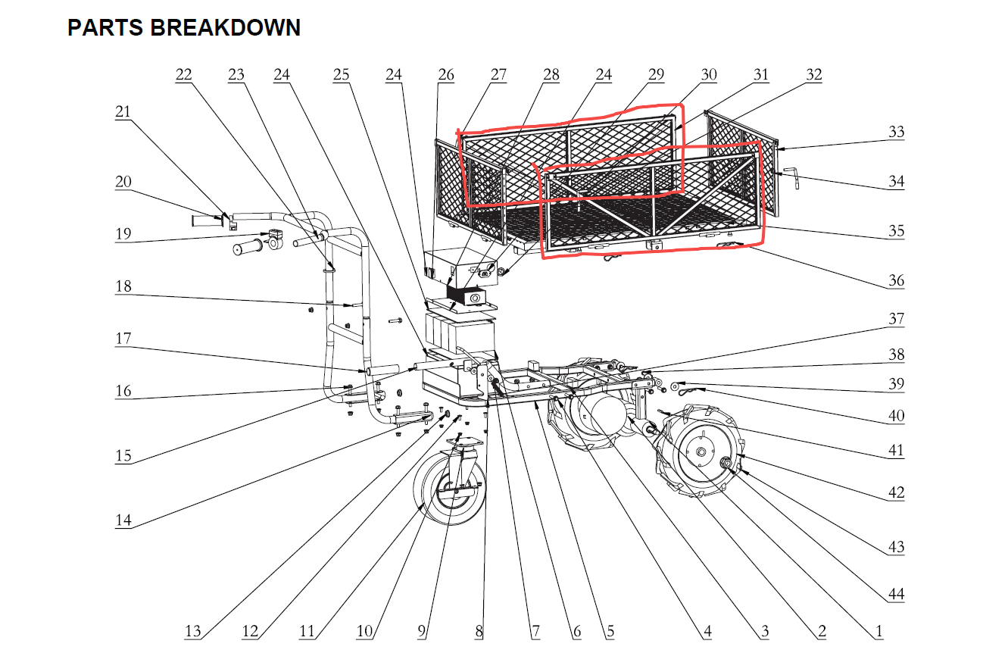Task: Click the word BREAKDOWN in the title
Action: coord(226,27)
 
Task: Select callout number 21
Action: coord(123,111)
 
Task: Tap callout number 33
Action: coord(897,132)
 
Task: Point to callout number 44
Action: coord(897,595)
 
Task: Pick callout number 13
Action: coord(192,631)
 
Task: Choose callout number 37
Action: coord(897,319)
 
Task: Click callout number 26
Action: coord(446,75)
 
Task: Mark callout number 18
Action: coord(123,286)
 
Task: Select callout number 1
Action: coord(878,631)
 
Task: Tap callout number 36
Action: coord(897,280)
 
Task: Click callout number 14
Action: coord(123,520)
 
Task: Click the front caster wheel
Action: coord(450,489)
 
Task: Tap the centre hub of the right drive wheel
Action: coord(701,451)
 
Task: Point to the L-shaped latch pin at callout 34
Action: coord(793,177)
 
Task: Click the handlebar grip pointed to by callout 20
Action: coord(208,221)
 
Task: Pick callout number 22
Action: coord(183,75)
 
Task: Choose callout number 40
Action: coord(897,415)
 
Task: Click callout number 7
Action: coord(535,631)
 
